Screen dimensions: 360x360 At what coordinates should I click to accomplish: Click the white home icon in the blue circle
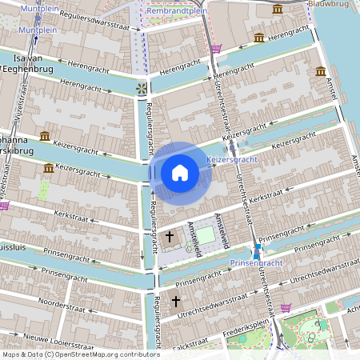[180, 172]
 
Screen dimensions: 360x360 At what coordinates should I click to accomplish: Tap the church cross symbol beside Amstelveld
[169, 237]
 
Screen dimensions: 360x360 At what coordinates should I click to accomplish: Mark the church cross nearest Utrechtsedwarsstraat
[175, 302]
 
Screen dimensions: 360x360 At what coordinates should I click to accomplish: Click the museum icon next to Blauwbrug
[277, 9]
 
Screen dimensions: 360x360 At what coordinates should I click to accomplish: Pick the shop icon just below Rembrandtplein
[216, 49]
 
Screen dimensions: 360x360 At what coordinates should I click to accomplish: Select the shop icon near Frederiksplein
[286, 307]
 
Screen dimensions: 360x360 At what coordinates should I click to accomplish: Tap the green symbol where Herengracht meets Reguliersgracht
[141, 88]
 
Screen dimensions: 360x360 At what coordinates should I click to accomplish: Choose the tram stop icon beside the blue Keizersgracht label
[232, 147]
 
